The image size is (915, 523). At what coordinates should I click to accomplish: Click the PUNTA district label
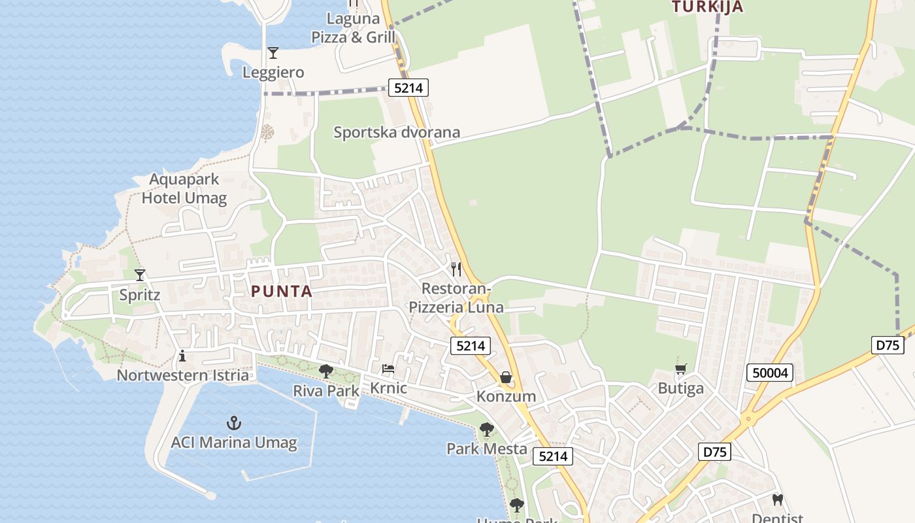pyautogui.click(x=282, y=292)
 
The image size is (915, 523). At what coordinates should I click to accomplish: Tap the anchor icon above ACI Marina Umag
pyautogui.click(x=233, y=423)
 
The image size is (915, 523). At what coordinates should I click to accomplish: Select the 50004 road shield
pyautogui.click(x=770, y=373)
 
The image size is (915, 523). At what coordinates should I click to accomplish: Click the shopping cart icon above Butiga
pyautogui.click(x=680, y=369)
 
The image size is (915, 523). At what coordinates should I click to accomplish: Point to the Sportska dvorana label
pyautogui.click(x=397, y=132)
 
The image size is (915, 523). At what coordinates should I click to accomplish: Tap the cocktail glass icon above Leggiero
pyautogui.click(x=273, y=53)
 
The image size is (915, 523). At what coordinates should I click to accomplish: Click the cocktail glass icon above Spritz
pyautogui.click(x=139, y=275)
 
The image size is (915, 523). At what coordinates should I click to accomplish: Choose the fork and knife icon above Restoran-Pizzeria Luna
pyautogui.click(x=456, y=269)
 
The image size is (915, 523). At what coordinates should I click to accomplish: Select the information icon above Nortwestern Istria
pyautogui.click(x=182, y=356)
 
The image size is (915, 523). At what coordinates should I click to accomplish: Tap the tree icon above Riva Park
pyautogui.click(x=325, y=371)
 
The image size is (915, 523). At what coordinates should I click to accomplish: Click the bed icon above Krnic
pyautogui.click(x=388, y=369)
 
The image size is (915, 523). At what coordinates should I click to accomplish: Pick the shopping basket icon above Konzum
pyautogui.click(x=505, y=377)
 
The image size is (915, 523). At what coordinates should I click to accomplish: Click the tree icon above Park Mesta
pyautogui.click(x=486, y=430)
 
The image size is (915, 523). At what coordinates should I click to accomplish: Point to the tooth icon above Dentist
pyautogui.click(x=777, y=500)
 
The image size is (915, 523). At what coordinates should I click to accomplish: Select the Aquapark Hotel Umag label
pyautogui.click(x=184, y=188)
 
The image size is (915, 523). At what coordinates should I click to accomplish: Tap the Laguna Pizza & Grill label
pyautogui.click(x=354, y=28)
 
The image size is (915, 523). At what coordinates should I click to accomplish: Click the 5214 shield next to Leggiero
pyautogui.click(x=408, y=88)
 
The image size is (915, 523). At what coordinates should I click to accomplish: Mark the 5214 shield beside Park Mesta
pyautogui.click(x=553, y=456)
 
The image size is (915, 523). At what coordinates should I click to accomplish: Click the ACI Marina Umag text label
pyautogui.click(x=233, y=443)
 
